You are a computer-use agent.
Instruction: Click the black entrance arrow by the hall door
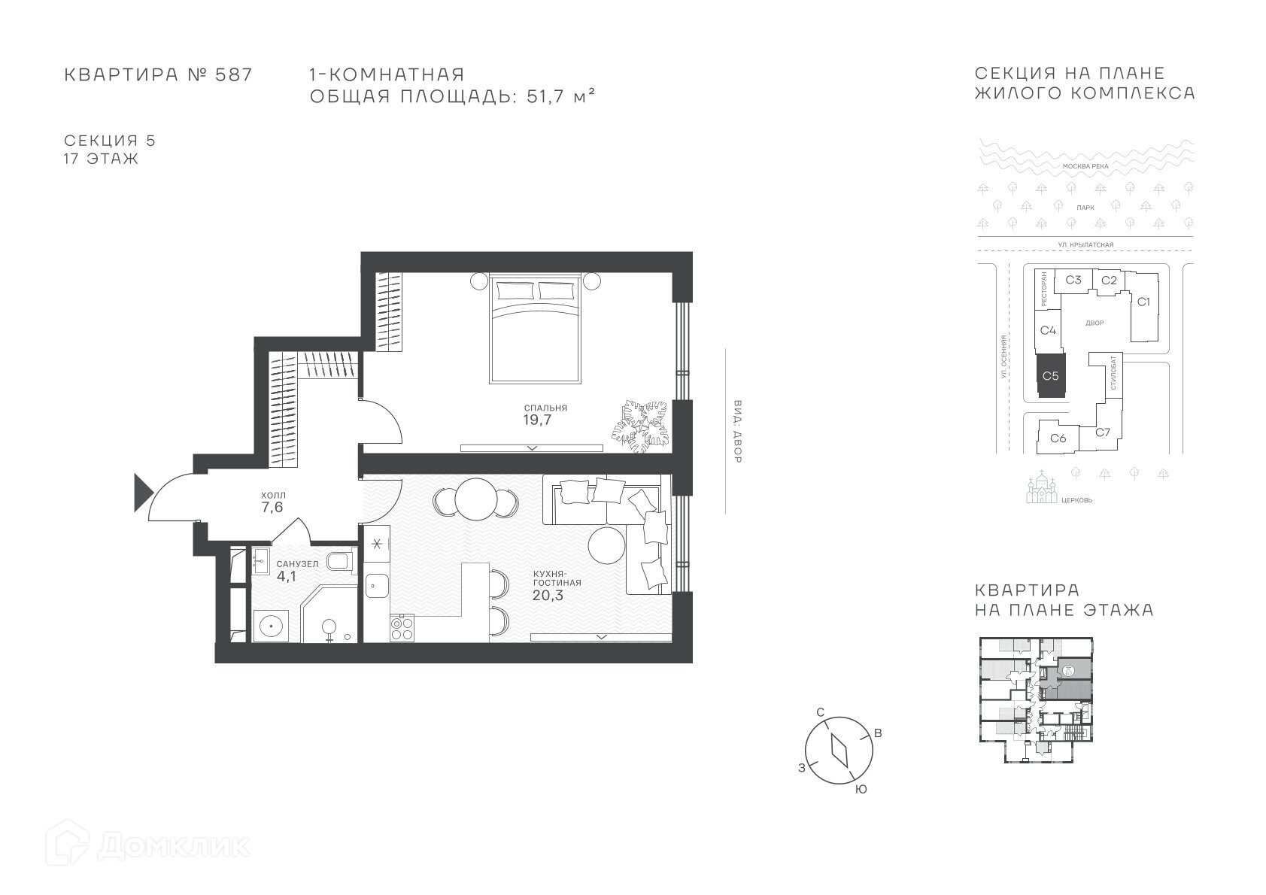[x=142, y=493]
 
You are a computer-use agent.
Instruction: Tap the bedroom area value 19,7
[x=537, y=420]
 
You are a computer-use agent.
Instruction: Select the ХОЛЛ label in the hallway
[x=273, y=496]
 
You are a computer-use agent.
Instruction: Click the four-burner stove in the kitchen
[x=402, y=628]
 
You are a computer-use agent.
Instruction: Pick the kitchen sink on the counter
[x=376, y=585]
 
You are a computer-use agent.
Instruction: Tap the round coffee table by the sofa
[x=606, y=545]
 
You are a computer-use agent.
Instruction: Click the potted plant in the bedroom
[x=640, y=426]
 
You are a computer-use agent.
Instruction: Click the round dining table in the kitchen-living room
[x=476, y=499]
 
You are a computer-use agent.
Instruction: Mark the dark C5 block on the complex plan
[x=1050, y=376]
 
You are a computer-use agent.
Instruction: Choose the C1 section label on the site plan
[x=1143, y=302]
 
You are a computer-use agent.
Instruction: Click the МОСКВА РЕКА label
[x=1085, y=166]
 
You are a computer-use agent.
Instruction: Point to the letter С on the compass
[x=821, y=712]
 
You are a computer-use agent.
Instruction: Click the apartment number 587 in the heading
[x=233, y=74]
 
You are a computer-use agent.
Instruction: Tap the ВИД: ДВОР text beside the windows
[x=737, y=432]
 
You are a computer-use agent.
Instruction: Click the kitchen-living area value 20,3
[x=548, y=595]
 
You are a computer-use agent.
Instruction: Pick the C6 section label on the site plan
[x=1058, y=438]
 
